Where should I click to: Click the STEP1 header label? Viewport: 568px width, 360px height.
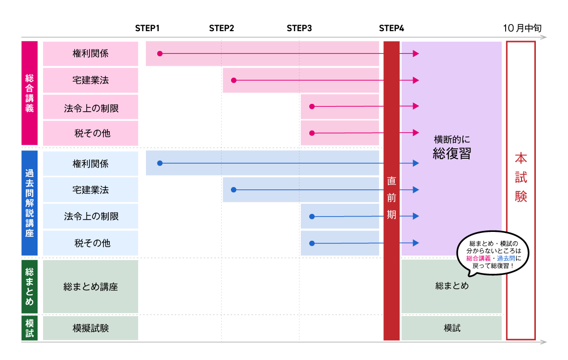coord(147,28)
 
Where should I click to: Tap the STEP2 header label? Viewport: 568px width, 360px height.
coord(221,28)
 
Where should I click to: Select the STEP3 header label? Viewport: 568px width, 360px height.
coord(299,28)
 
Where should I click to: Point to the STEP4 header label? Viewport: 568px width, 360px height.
coord(391,28)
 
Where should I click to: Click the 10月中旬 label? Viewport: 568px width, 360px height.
coord(522,28)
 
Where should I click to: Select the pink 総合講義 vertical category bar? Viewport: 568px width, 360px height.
coord(30,93)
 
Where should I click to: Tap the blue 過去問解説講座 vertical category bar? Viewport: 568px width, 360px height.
coord(30,203)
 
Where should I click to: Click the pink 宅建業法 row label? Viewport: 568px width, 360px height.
coord(91,80)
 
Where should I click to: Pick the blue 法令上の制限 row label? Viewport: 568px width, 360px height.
coord(91,217)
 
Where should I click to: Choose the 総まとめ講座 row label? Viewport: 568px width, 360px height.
coord(91,287)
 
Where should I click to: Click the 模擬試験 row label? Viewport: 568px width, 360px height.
coord(91,328)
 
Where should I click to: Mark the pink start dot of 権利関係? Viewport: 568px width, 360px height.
coord(160,53)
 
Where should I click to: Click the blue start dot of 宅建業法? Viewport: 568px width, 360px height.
coord(234,190)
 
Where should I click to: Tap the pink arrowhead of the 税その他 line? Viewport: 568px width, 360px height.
coord(416,133)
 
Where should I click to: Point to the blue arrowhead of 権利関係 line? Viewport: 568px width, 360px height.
coord(416,163)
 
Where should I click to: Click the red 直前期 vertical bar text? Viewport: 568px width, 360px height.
coord(391,198)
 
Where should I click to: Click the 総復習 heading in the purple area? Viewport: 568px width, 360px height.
coord(451,154)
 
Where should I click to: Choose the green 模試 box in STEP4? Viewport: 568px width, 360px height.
coord(452,328)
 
